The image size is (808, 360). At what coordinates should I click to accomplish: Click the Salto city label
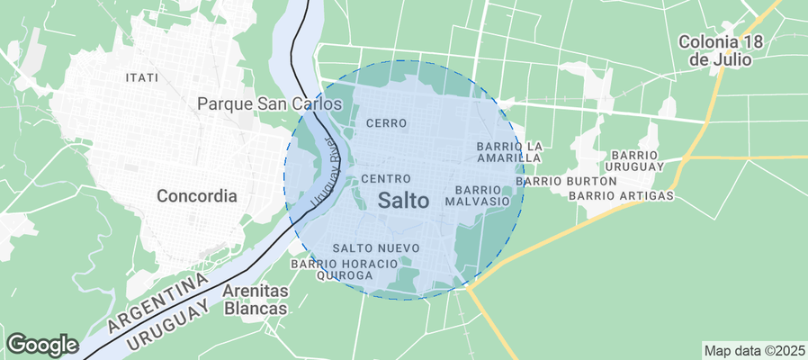pyautogui.click(x=403, y=201)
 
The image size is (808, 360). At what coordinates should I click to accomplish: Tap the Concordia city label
pyautogui.click(x=196, y=195)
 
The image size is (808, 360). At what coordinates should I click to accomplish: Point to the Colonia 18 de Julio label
pyautogui.click(x=721, y=50)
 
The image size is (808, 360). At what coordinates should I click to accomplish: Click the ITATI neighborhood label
pyautogui.click(x=143, y=78)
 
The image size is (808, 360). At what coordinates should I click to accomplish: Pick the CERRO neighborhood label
pyautogui.click(x=387, y=122)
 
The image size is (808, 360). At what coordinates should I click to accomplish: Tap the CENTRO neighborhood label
pyautogui.click(x=386, y=179)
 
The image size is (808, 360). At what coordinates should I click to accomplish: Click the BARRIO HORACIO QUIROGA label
pyautogui.click(x=344, y=269)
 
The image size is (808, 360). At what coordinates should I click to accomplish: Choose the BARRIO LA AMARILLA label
pyautogui.click(x=508, y=152)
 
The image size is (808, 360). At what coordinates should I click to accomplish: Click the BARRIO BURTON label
pyautogui.click(x=567, y=181)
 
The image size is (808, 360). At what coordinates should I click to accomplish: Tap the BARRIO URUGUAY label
pyautogui.click(x=634, y=161)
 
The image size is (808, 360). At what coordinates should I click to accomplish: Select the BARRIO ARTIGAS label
pyautogui.click(x=622, y=195)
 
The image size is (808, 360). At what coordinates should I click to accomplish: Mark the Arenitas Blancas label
pyautogui.click(x=255, y=300)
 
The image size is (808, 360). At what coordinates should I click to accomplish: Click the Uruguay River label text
pyautogui.click(x=325, y=175)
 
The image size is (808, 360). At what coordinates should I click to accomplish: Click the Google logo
pyautogui.click(x=41, y=344)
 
